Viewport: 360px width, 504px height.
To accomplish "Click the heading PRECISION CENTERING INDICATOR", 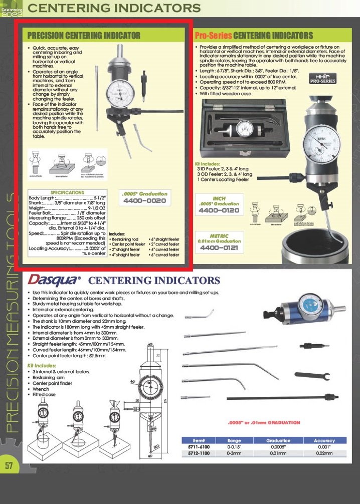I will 83,36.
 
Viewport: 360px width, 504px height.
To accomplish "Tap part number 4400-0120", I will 219,210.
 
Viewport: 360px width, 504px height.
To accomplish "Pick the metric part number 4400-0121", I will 219,247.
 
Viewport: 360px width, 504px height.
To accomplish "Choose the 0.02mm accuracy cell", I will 324,453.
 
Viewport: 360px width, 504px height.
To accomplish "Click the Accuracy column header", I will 324,440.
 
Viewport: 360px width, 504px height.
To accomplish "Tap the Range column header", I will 234,440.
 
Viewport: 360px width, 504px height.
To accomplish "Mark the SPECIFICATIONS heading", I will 68,192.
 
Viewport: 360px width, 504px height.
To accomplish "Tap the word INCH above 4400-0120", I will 219,198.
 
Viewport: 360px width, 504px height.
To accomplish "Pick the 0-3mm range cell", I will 234,453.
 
